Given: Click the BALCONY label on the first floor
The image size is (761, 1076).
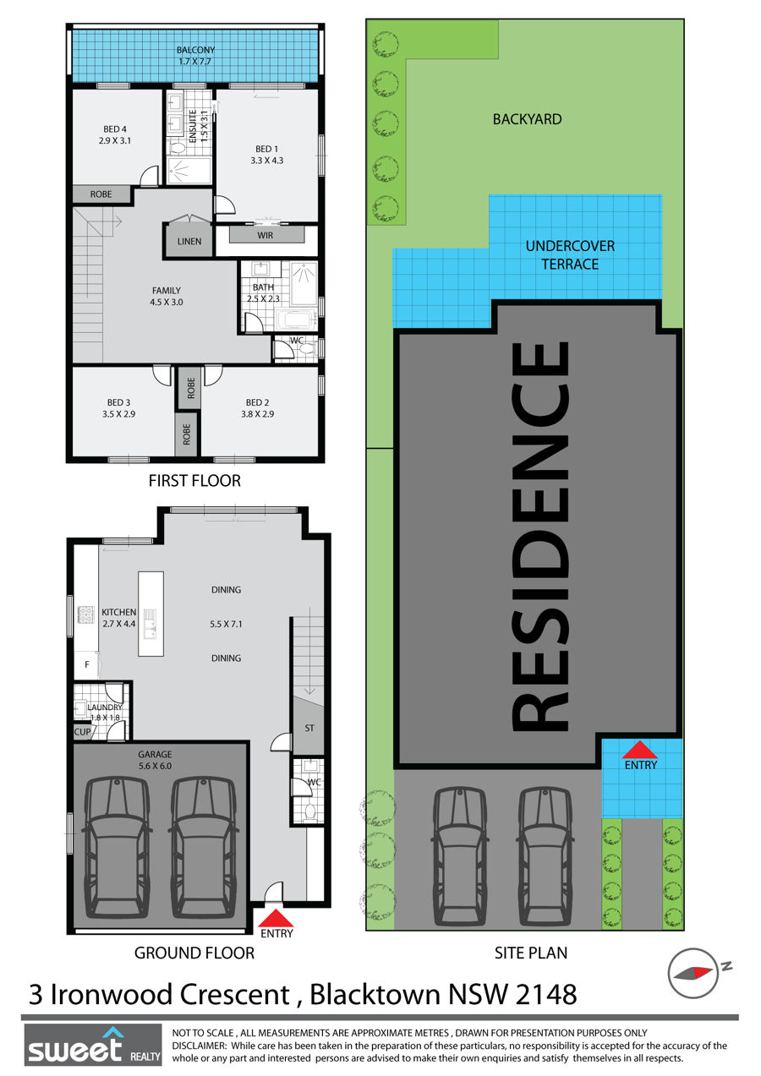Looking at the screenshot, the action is (x=195, y=50).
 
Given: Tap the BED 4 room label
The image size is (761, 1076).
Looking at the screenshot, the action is (x=115, y=129).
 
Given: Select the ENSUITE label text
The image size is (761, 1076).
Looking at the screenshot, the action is (x=193, y=126).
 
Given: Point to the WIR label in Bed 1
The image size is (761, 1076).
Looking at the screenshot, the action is (x=266, y=235).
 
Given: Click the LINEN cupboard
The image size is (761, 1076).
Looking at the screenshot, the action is (x=189, y=238).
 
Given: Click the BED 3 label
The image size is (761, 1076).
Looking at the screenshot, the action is (x=118, y=402).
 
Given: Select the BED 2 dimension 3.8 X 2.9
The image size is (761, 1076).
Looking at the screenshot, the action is (x=258, y=414).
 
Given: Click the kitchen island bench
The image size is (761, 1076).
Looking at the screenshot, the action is (x=151, y=614).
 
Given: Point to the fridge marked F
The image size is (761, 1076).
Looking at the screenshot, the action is (x=87, y=665).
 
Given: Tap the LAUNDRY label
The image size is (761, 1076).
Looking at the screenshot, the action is (x=105, y=707).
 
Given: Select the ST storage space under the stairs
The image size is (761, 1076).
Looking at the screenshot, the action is (x=309, y=727).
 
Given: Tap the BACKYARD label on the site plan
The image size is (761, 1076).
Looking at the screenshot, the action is (x=527, y=119).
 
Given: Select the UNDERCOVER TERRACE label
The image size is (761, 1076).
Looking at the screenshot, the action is (x=570, y=255).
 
